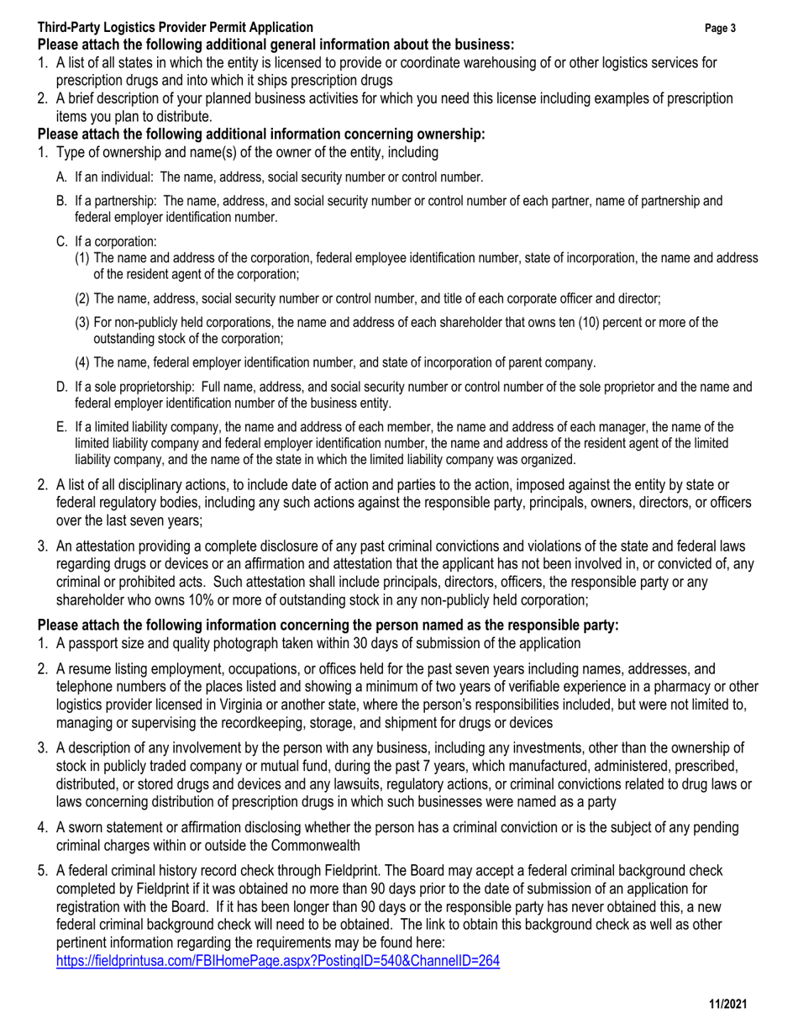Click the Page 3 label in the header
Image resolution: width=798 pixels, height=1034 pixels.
tap(721, 29)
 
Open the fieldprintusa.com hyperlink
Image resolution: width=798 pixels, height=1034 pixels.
tap(277, 961)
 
